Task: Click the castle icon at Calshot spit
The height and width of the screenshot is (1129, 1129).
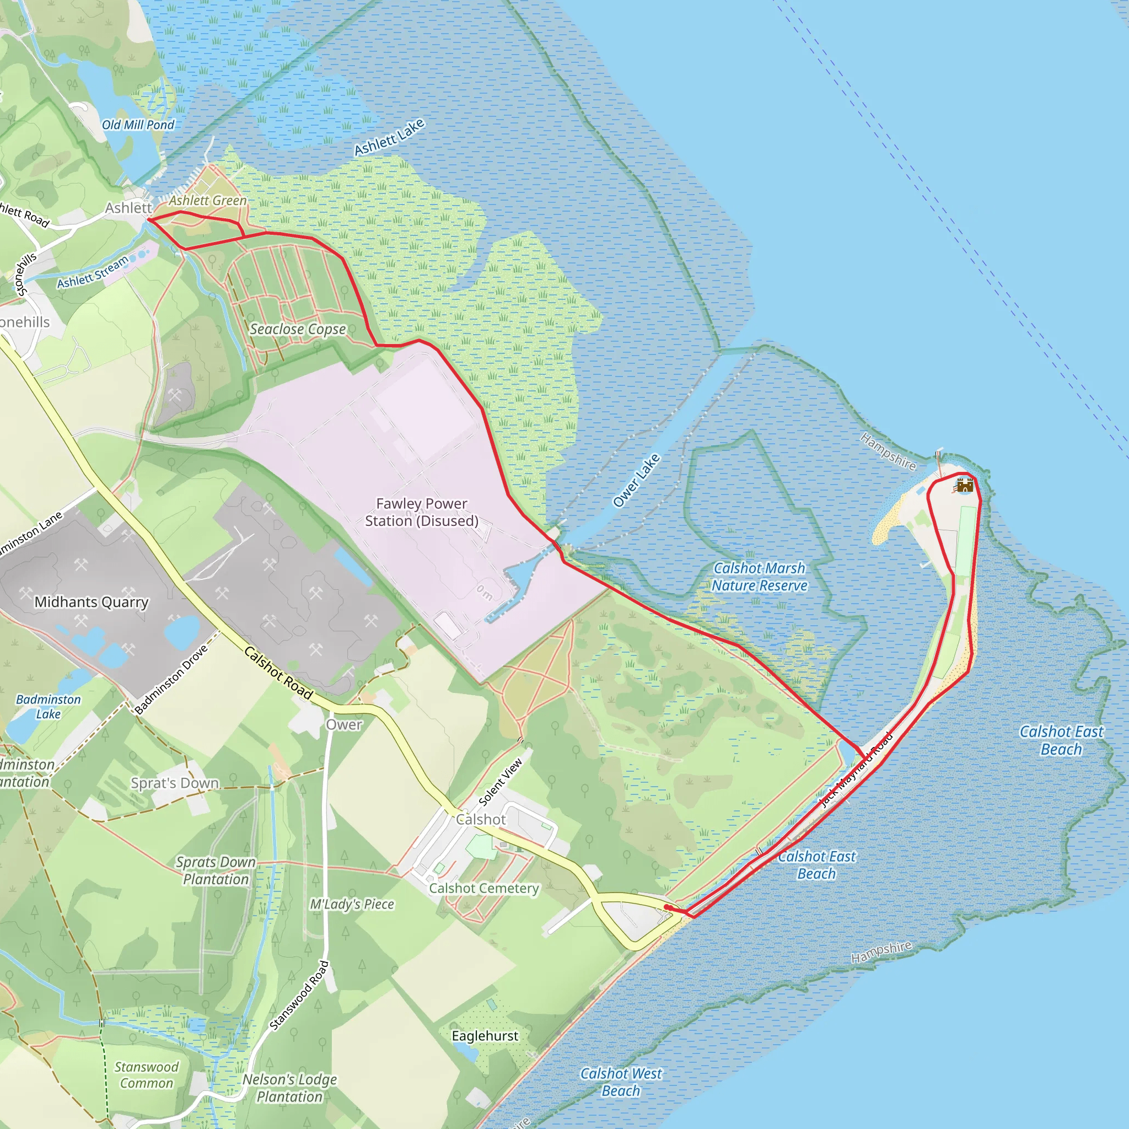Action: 964,485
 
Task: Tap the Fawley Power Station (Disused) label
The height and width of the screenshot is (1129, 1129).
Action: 421,512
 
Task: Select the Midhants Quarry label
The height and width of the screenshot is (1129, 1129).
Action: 91,602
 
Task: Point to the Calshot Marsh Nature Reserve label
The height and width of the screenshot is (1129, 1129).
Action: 759,577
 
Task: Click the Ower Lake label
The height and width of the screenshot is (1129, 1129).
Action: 636,480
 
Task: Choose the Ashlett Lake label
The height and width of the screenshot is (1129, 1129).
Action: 389,138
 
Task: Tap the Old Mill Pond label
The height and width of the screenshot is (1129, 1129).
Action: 138,125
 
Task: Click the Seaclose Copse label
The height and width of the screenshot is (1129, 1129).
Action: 298,330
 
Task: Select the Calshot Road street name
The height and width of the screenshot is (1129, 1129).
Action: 278,673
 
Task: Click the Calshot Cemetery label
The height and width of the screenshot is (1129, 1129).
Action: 484,888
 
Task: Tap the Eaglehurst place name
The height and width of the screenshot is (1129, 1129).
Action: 485,1035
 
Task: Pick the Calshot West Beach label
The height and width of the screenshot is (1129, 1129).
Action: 621,1082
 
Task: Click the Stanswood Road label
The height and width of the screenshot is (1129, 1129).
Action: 300,994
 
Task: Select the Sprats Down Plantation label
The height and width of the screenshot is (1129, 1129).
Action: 216,870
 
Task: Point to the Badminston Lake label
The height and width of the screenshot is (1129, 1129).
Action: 49,707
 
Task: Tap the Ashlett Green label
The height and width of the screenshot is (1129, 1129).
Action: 208,201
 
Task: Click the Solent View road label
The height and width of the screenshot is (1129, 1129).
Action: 500,782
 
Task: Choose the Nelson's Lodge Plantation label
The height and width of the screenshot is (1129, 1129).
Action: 290,1088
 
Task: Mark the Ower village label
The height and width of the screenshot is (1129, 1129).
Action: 344,724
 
